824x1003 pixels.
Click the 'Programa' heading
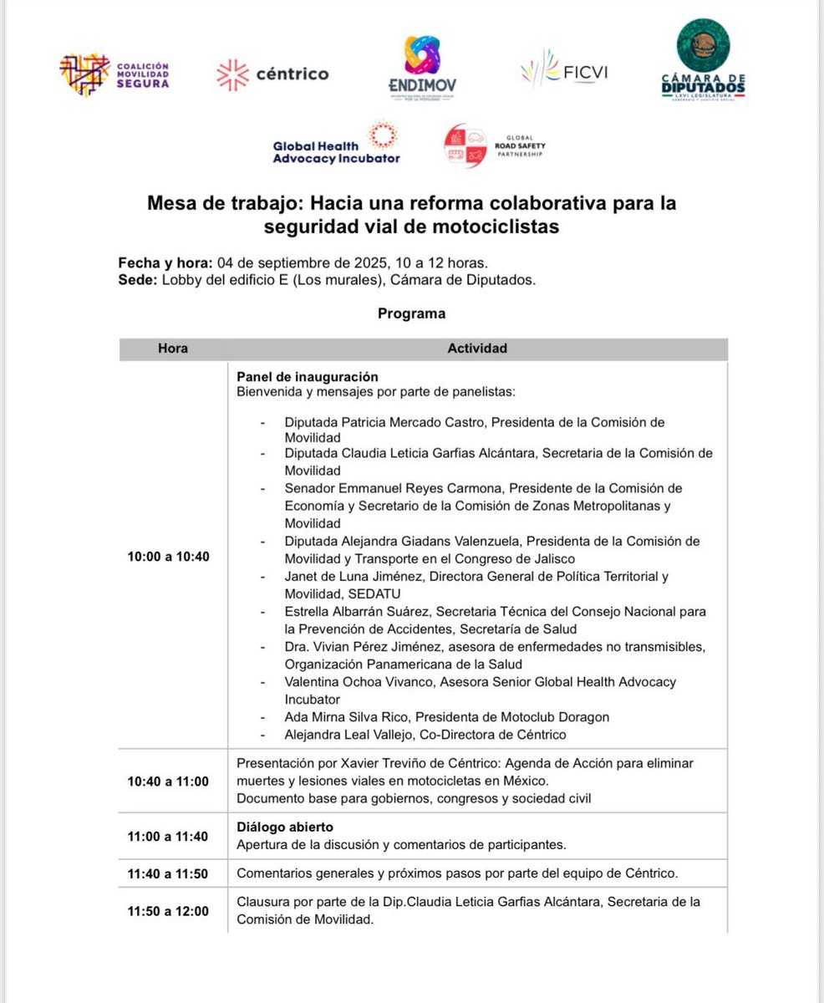tap(411, 314)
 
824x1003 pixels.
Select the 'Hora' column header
tap(173, 349)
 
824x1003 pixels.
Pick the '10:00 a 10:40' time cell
tap(169, 556)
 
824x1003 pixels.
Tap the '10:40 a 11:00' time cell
tap(169, 782)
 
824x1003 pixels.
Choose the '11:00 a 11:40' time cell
tap(169, 835)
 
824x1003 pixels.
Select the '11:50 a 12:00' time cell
tap(169, 911)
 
